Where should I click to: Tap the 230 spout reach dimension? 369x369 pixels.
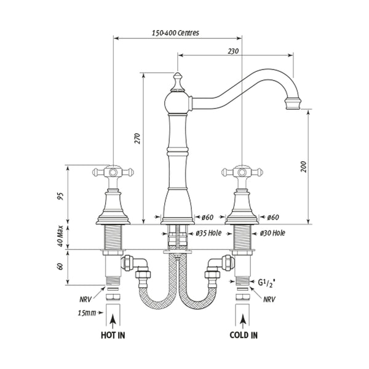pos(232,51)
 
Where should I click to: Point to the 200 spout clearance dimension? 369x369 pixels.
pos(303,166)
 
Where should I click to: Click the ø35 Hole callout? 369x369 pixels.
pos(208,234)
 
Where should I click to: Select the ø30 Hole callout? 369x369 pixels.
pos(272,234)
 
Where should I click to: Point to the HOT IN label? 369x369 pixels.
pos(113,335)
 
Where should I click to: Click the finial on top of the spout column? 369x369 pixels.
pos(177,81)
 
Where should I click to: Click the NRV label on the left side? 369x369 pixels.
pos(87,300)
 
